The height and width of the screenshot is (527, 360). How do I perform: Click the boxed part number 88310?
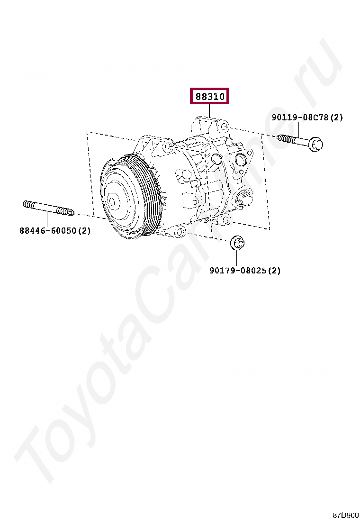tap(209, 96)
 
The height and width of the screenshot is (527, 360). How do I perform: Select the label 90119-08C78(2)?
tap(307, 118)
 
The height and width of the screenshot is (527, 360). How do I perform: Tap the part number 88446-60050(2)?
tap(55, 230)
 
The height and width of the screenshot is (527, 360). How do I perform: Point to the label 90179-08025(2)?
tap(245, 270)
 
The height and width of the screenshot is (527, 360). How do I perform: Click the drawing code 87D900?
tap(346, 515)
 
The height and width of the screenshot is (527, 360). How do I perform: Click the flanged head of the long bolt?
tap(315, 144)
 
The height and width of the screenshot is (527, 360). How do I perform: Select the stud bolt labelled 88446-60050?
tap(48, 209)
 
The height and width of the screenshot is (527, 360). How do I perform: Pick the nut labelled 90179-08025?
tap(237, 243)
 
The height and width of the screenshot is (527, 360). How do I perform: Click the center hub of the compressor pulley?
tap(112, 201)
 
